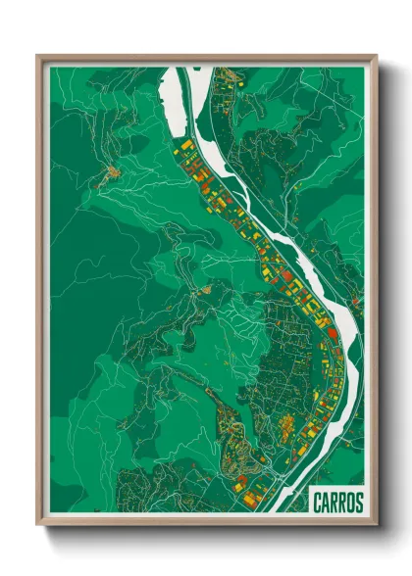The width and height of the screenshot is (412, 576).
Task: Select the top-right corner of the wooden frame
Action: point(376,56)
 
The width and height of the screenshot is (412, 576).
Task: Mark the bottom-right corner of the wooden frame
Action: point(376,526)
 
